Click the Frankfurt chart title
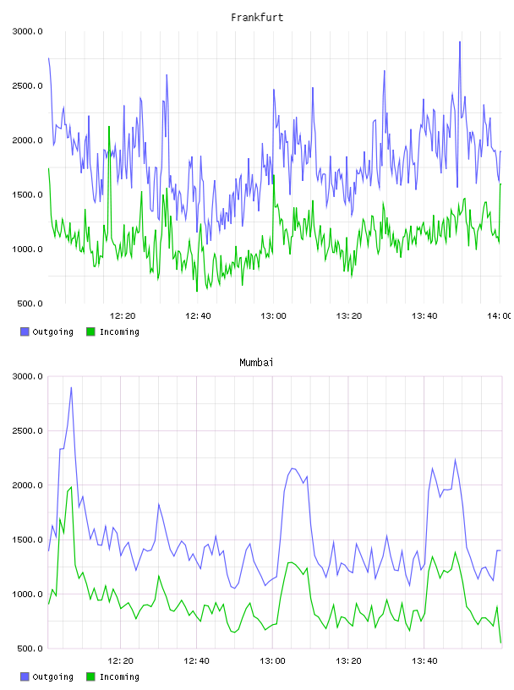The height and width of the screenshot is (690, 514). point(257,17)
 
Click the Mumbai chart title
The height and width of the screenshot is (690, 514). point(256,362)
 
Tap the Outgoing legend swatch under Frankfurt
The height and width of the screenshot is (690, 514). point(25,331)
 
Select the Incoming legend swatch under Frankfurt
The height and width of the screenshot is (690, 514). point(90,331)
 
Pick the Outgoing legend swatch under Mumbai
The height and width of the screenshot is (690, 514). point(25,676)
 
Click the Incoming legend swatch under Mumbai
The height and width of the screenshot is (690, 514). point(90,676)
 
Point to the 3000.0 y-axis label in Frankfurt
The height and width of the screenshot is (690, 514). point(27,31)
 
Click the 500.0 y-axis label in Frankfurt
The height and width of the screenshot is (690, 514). point(30,304)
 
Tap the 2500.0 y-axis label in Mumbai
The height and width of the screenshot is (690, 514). point(27,430)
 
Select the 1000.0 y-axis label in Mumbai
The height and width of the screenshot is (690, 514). point(27,594)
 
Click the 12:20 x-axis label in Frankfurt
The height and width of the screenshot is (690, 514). point(123,315)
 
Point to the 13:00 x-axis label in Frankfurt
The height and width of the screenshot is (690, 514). point(273,315)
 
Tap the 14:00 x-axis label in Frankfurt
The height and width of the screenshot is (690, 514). point(500,315)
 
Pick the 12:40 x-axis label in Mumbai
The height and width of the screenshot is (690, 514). point(196,660)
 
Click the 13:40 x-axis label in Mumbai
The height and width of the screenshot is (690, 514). point(424,660)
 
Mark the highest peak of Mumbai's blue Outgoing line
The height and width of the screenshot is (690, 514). point(71,387)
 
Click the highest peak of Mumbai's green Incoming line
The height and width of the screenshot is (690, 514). point(71,487)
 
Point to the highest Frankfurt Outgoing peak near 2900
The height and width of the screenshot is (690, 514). point(460,41)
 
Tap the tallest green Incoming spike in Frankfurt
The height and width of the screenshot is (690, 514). point(109,127)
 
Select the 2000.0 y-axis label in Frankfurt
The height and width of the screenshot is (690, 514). point(27,140)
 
